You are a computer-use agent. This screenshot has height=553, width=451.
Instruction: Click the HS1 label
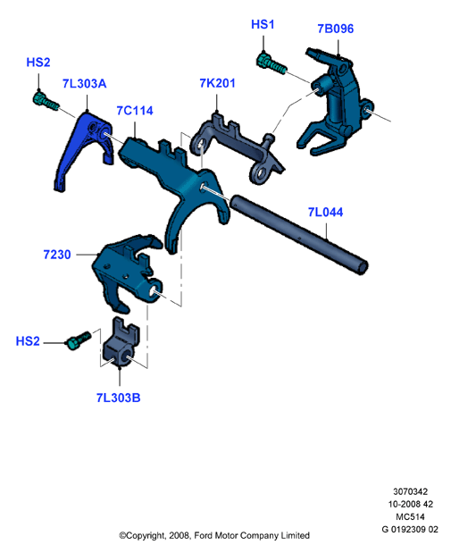tap(263, 24)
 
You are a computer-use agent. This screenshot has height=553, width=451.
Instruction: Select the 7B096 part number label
tap(335, 29)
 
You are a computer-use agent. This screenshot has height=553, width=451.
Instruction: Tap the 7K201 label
tap(217, 83)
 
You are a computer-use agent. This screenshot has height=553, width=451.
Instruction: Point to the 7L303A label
tap(84, 84)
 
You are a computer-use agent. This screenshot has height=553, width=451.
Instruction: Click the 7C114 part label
tap(135, 111)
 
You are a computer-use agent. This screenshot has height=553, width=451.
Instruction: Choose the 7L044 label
tap(325, 212)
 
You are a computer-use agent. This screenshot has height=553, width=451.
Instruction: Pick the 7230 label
tap(57, 255)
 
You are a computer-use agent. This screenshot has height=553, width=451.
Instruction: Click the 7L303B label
tap(119, 398)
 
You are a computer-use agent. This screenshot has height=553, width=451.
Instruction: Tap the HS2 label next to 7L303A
tap(38, 63)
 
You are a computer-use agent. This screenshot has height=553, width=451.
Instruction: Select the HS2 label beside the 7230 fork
tap(28, 341)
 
